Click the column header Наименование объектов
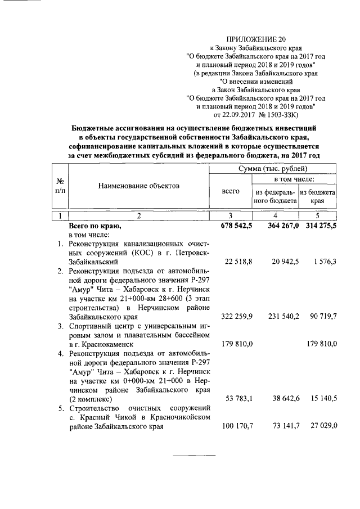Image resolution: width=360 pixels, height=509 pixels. (x=138, y=185)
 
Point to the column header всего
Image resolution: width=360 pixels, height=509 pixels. (x=231, y=191)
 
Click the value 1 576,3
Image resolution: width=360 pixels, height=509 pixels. (x=322, y=262)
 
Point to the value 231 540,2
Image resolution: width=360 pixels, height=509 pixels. (x=278, y=317)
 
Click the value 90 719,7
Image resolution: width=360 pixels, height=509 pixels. (x=321, y=317)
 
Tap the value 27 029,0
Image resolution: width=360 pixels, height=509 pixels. (x=321, y=426)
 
